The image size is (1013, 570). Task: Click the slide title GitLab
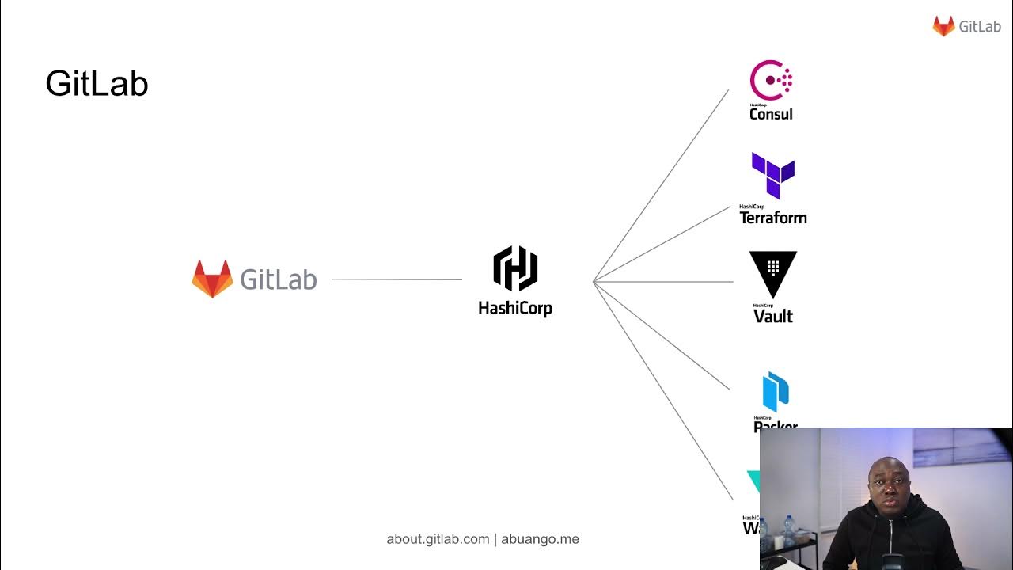click(x=97, y=84)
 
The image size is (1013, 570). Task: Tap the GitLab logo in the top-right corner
click(x=966, y=26)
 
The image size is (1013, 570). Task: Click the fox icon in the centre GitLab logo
click(x=212, y=279)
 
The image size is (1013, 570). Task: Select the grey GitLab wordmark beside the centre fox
click(x=278, y=279)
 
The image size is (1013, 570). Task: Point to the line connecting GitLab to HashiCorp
click(x=396, y=279)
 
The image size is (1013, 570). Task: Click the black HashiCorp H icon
click(x=515, y=268)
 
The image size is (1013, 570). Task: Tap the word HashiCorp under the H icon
click(x=515, y=308)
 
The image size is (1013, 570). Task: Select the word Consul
click(x=771, y=114)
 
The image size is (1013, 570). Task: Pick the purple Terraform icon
click(x=772, y=175)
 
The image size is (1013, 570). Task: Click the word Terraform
click(x=773, y=218)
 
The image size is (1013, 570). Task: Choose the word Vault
click(x=773, y=317)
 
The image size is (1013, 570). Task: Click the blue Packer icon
click(x=776, y=392)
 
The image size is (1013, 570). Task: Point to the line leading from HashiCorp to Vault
click(x=665, y=281)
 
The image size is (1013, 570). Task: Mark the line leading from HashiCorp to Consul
click(x=661, y=185)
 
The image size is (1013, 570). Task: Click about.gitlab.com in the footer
click(x=438, y=539)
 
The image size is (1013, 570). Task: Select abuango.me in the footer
click(x=541, y=539)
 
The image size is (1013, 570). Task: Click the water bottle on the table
click(x=788, y=530)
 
